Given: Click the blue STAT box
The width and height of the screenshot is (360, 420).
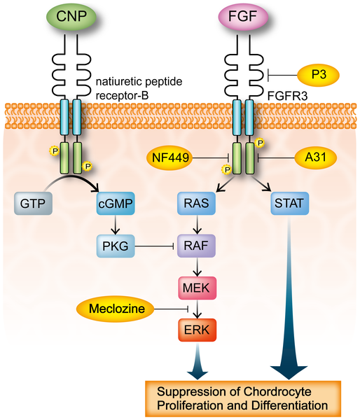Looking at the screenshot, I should [289, 204].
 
